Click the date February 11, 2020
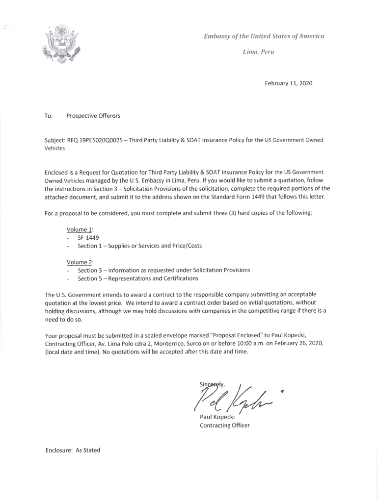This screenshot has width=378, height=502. [x=288, y=83]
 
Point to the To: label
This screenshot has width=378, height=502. [x=49, y=116]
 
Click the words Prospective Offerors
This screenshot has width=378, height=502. [x=93, y=116]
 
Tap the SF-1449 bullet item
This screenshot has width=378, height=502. [x=88, y=237]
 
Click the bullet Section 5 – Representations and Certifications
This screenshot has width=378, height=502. [x=138, y=278]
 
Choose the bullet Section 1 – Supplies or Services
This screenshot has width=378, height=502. [x=139, y=246]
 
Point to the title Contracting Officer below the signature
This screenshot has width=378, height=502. [x=224, y=425]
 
